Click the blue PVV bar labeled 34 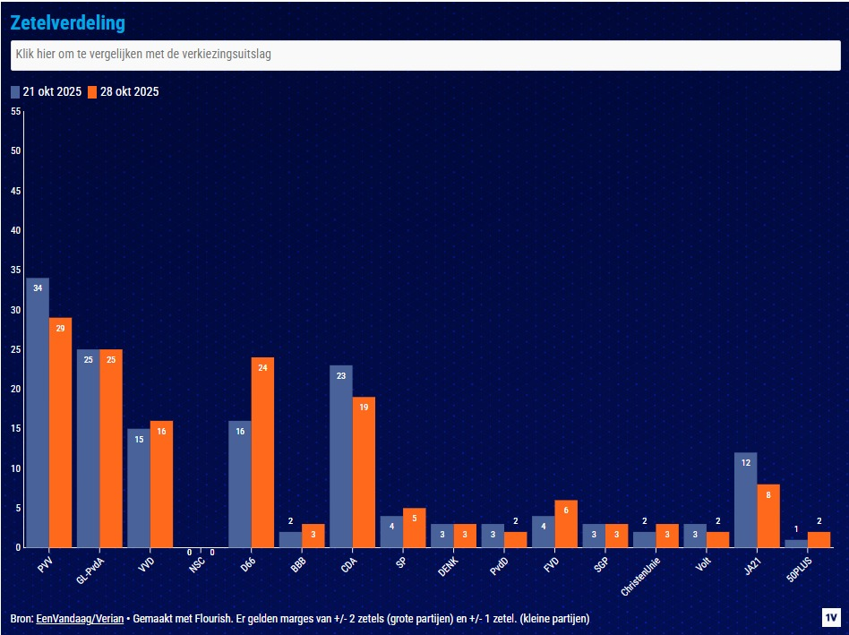[38, 412]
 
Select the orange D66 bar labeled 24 [262, 452]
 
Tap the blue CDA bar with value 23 [341, 456]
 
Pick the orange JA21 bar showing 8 [768, 515]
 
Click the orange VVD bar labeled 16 [161, 484]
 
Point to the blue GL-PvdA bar [88, 448]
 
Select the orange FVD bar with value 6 [566, 523]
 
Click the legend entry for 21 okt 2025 [46, 91]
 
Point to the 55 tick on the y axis [15, 111]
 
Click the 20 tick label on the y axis [15, 389]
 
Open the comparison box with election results [424, 55]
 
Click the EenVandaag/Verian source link [80, 619]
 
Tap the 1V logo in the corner [831, 617]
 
